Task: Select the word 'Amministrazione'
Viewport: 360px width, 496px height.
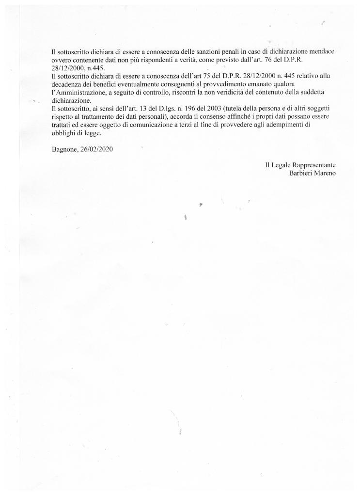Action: (79, 93)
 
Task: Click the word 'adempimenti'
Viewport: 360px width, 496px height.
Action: (301, 126)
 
